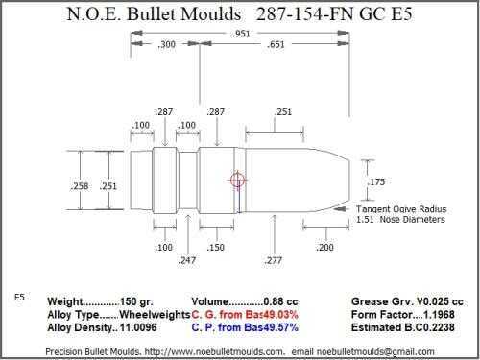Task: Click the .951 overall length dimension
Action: pyautogui.click(x=241, y=34)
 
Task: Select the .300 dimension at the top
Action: pyautogui.click(x=166, y=44)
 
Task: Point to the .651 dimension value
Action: pyautogui.click(x=276, y=44)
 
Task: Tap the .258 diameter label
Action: pyautogui.click(x=80, y=186)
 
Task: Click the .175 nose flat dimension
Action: pyautogui.click(x=376, y=181)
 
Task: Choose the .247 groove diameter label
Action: pyautogui.click(x=187, y=260)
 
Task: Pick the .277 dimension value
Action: pyautogui.click(x=274, y=260)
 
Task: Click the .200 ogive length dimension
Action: pyautogui.click(x=324, y=247)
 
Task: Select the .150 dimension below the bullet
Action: pyautogui.click(x=215, y=247)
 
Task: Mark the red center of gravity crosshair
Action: pyautogui.click(x=237, y=180)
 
